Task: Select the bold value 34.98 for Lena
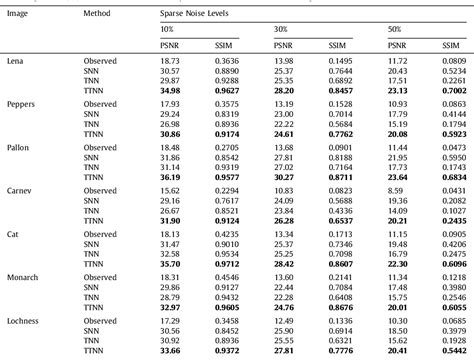pos(170,90)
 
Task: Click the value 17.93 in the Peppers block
pos(170,104)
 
